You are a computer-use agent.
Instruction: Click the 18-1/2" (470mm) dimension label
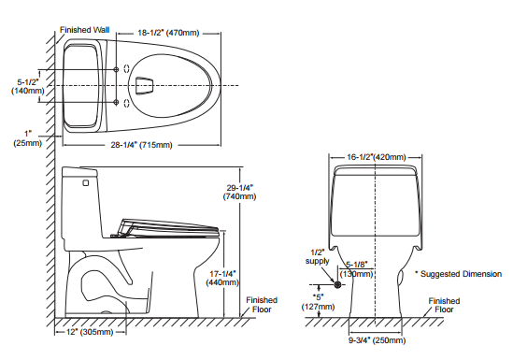[x=168, y=33]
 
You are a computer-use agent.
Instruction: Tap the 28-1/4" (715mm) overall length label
[x=141, y=145]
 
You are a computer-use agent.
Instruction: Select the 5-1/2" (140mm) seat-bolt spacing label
[x=28, y=86]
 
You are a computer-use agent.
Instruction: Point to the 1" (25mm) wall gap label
[x=28, y=138]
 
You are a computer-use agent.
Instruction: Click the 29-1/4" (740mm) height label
[x=240, y=192]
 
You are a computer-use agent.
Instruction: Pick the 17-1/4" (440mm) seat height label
[x=222, y=278]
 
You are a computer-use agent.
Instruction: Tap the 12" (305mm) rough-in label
[x=90, y=332]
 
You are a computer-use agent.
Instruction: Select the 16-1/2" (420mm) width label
[x=377, y=157]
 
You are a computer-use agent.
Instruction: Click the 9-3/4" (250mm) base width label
[x=377, y=340]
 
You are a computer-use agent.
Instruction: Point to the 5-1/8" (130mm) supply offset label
[x=357, y=269]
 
